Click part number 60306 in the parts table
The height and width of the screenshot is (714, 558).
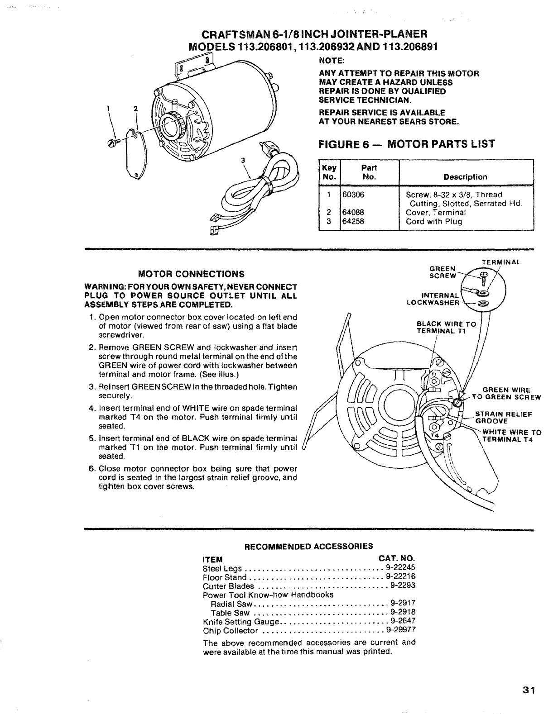353,195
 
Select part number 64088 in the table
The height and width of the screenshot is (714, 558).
353,213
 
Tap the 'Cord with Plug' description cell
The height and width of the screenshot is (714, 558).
433,222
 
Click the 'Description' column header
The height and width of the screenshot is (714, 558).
465,177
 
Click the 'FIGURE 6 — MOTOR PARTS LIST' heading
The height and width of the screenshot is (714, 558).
407,144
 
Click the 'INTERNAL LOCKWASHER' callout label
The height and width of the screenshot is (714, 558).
434,299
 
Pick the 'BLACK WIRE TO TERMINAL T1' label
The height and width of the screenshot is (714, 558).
446,327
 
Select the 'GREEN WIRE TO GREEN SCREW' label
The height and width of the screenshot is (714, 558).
506,394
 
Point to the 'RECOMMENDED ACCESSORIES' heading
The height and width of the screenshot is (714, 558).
308,546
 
